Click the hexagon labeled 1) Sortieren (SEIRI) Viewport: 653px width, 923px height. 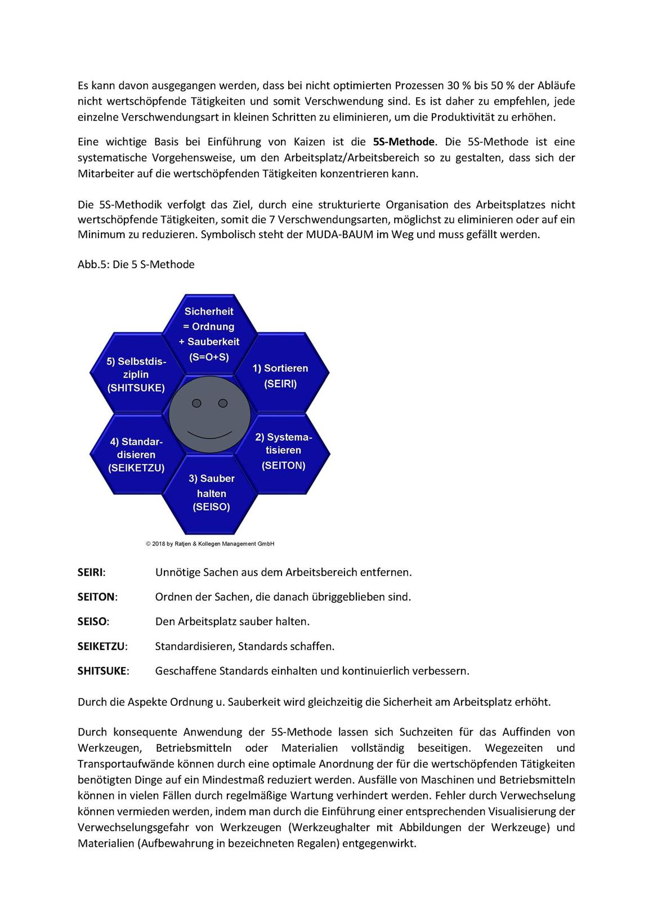[x=280, y=375]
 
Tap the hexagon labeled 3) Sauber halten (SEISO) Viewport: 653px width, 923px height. [x=211, y=493]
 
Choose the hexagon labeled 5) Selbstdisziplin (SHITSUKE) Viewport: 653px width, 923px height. [x=136, y=374]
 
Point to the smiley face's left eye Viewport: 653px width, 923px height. [x=196, y=403]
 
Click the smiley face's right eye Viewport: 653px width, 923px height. [x=222, y=403]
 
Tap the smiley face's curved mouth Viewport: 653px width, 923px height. [x=209, y=435]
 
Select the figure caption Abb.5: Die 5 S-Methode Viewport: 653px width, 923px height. [x=136, y=265]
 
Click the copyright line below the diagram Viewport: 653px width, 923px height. [x=209, y=544]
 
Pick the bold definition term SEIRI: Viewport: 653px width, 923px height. [x=91, y=572]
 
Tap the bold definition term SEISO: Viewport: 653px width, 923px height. [x=93, y=621]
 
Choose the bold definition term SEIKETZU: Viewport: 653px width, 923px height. [x=102, y=646]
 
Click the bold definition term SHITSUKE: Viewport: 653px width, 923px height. [x=103, y=671]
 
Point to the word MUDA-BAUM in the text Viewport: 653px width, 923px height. [x=339, y=235]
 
